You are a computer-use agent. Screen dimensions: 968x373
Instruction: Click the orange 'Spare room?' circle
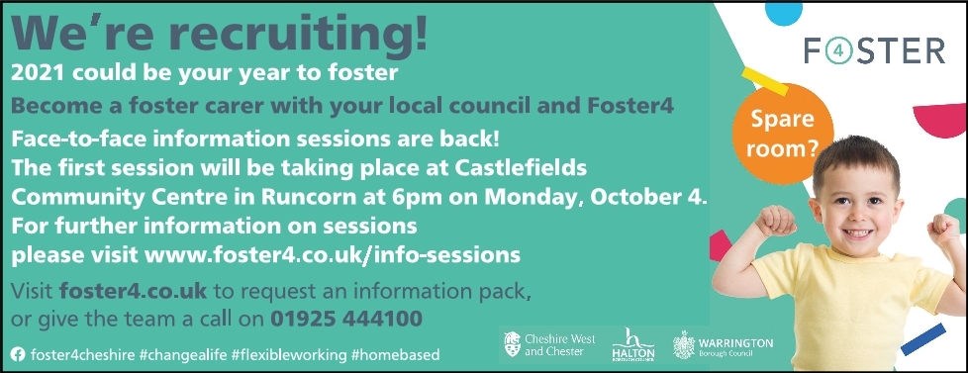[783, 134]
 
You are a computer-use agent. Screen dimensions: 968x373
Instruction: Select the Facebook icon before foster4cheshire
[18, 354]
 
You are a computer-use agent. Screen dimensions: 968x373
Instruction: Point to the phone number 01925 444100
[346, 319]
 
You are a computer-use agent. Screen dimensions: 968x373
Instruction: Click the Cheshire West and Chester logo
[541, 344]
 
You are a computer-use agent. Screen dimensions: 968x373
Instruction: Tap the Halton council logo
[632, 343]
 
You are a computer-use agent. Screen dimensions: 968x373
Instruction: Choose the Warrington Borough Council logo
[723, 344]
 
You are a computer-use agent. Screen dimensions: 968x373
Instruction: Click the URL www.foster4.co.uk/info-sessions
[333, 254]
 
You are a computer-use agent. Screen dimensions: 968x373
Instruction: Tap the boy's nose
[855, 216]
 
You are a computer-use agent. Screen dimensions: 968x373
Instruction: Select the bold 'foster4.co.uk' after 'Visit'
[133, 290]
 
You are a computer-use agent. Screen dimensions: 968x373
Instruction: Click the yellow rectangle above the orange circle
[765, 81]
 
